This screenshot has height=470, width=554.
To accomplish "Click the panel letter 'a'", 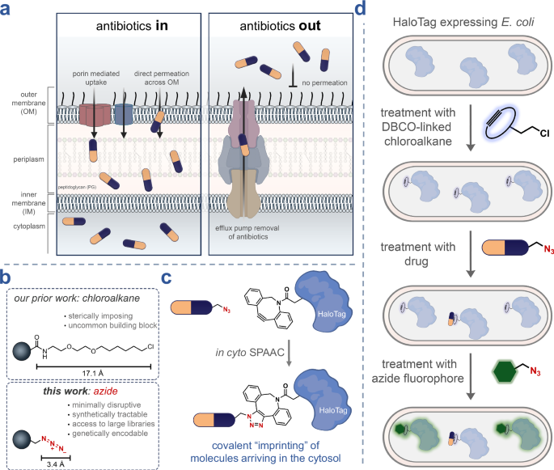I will (6, 8).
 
